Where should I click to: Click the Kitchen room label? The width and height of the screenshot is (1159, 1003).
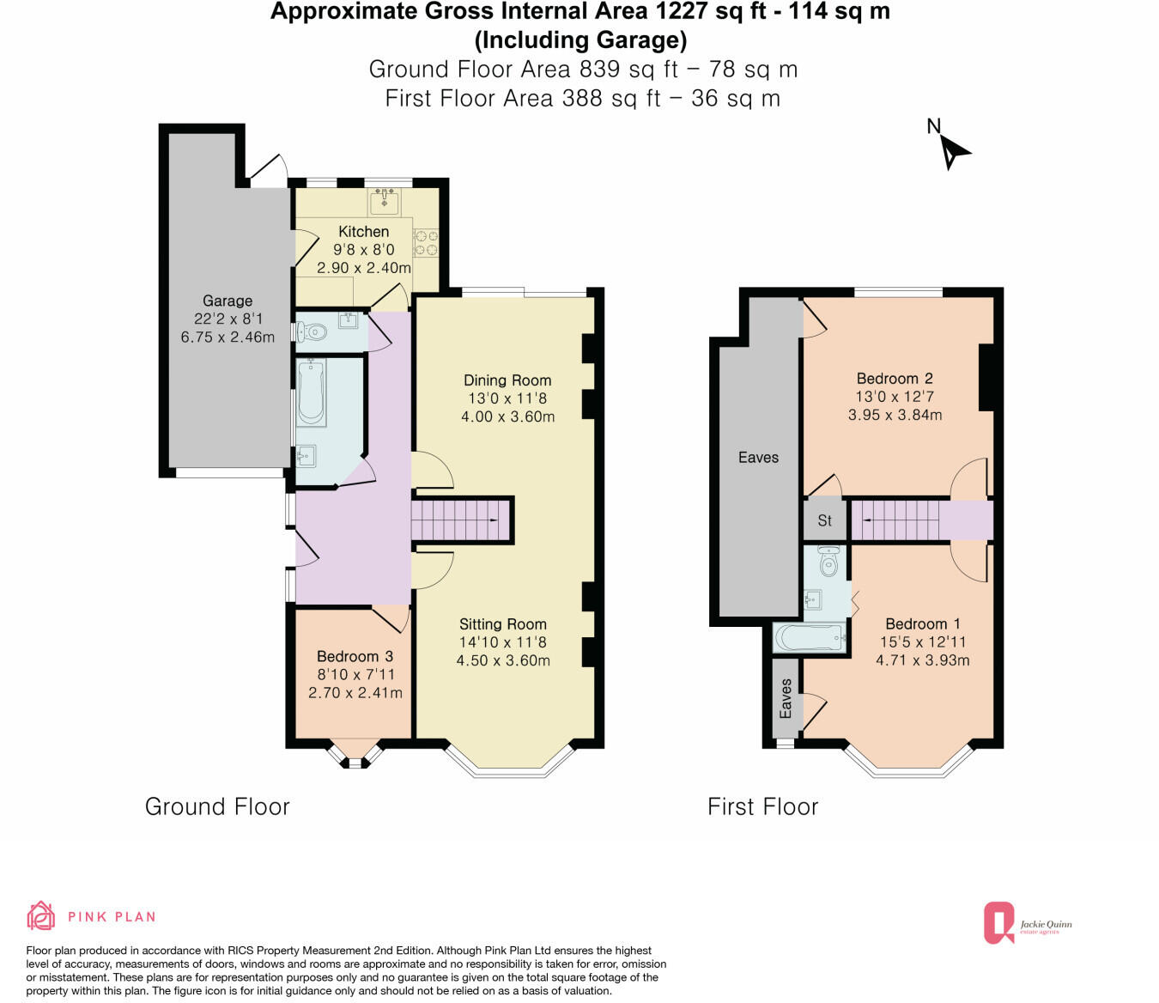click(363, 232)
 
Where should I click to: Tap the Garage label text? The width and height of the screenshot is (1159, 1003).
click(228, 301)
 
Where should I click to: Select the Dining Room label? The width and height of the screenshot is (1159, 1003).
click(507, 380)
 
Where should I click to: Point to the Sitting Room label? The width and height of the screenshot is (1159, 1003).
click(502, 624)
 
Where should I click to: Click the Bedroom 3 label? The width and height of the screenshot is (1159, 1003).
click(355, 656)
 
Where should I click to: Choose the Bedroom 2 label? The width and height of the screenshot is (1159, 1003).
click(895, 379)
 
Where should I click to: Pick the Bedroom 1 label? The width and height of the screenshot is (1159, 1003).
click(923, 624)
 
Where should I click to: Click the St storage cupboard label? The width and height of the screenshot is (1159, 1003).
click(824, 520)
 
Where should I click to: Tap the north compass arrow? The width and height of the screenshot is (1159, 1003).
click(951, 152)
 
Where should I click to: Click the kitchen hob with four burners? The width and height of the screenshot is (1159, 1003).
click(427, 243)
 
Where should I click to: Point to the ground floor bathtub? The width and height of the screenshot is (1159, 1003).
click(311, 393)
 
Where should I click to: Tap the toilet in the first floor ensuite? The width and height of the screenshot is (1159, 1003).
click(828, 561)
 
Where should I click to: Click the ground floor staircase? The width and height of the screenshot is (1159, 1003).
click(461, 520)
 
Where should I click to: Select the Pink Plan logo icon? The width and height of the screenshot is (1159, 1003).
click(41, 916)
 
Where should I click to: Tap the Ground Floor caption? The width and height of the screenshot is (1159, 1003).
click(217, 807)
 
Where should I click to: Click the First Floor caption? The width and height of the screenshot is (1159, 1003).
click(762, 807)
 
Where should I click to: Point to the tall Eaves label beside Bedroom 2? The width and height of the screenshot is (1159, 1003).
click(758, 458)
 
